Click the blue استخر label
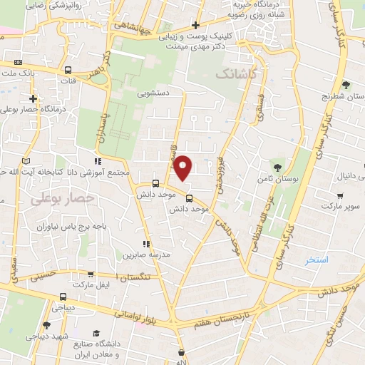pos(316,259)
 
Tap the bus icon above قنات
pos(68,71)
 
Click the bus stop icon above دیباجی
pos(63,297)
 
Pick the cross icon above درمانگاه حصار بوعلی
pos(33,98)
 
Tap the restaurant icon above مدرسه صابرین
pos(146,243)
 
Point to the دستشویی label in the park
pos(153,92)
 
